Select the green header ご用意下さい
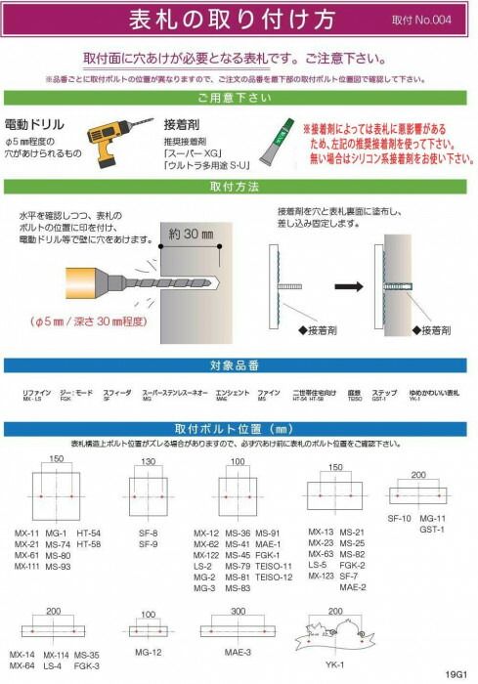(x=238, y=99)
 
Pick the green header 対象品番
(x=238, y=368)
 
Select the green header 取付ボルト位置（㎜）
(x=238, y=428)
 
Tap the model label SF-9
(x=149, y=542)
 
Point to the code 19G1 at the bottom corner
(x=456, y=673)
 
